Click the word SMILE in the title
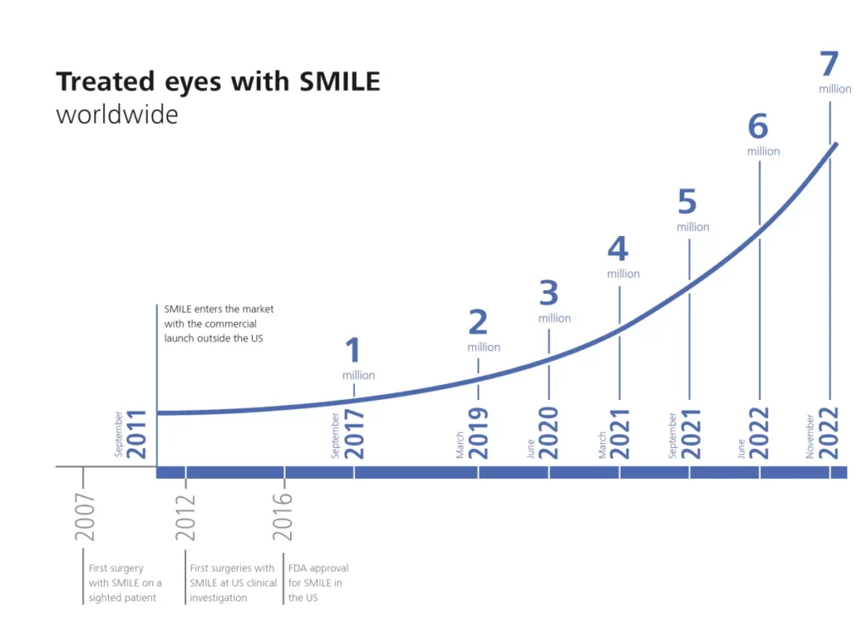coord(340,82)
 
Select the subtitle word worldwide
coord(117,114)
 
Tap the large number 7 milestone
coord(829,65)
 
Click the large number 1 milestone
coord(353,351)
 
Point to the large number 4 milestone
coord(618,249)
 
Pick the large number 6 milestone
coord(758,127)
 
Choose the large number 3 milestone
coord(549,293)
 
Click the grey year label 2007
coord(85,517)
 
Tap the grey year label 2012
coord(186,517)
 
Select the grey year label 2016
coord(283,517)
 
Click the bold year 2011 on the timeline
coord(137,434)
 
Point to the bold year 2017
coord(354,434)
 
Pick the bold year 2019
coord(479,434)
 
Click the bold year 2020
coord(549,434)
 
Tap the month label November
coord(810,436)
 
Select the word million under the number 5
coord(693,227)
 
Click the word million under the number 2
coord(484,348)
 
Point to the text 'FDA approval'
coord(318,568)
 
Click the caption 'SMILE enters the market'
coord(219,310)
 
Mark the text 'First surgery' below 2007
coord(116,568)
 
